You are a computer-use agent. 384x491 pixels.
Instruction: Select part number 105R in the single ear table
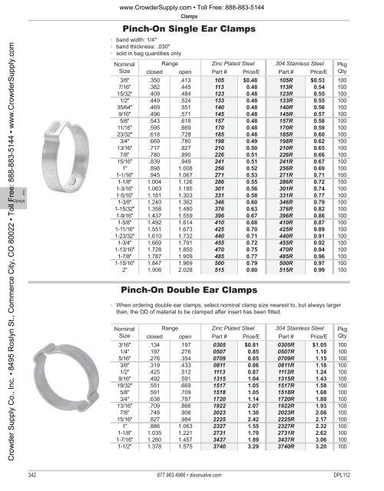tap(288, 79)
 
